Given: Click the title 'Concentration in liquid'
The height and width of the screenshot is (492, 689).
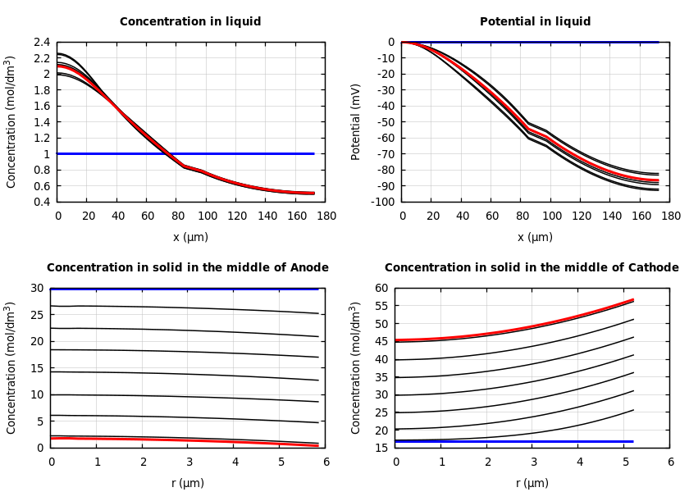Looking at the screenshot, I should click(190, 22).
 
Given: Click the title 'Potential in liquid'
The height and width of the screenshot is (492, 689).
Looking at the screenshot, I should click(535, 22).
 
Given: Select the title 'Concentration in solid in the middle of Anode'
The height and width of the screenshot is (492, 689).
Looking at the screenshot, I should click(188, 267).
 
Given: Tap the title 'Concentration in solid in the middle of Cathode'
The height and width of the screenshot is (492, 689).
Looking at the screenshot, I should click(532, 267).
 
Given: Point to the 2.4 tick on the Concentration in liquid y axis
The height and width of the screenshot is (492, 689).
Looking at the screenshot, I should click(41, 42).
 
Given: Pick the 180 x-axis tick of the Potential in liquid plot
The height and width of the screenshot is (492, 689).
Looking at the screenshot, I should click(670, 216).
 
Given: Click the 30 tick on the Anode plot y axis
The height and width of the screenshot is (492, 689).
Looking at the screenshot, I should click(37, 288).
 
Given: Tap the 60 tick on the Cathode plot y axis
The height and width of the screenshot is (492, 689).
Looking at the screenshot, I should click(381, 288).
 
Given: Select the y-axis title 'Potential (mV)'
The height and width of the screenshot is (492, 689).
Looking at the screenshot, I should click(356, 121).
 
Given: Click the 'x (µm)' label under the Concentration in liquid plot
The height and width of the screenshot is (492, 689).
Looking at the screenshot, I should click(190, 237).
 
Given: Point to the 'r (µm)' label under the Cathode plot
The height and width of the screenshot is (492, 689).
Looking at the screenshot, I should click(532, 483).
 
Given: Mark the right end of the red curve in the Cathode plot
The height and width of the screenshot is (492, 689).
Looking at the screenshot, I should click(632, 299).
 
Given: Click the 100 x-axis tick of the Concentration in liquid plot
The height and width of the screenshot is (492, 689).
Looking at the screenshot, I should click(208, 216).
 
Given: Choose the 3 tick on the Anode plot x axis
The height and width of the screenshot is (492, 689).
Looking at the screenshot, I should click(189, 462).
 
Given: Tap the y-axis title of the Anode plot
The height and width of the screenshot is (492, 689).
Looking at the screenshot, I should click(11, 367).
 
